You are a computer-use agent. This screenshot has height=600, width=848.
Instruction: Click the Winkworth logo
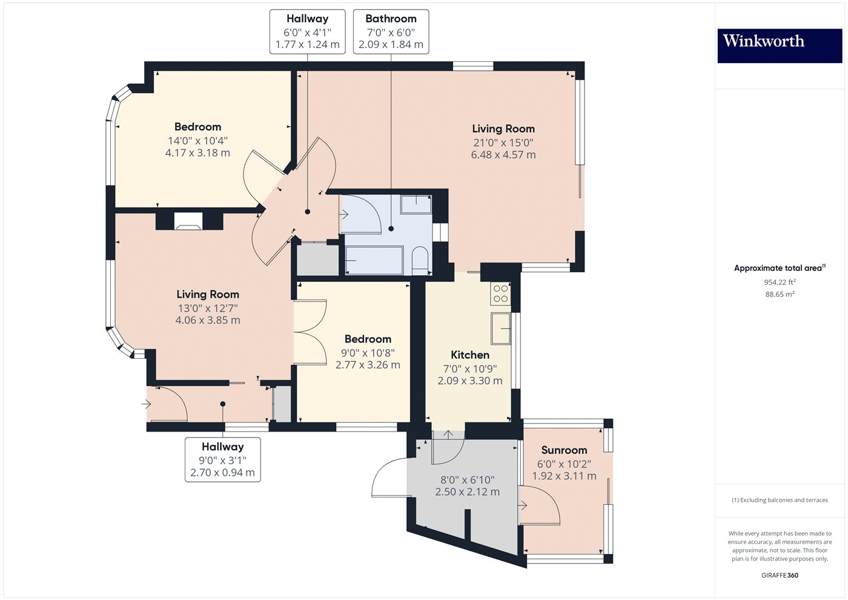coord(779,45)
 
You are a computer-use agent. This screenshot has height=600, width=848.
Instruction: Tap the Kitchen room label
coord(470,355)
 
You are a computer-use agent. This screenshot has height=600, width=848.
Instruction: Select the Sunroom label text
coord(564,450)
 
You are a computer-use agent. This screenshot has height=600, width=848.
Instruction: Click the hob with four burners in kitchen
coord(501,294)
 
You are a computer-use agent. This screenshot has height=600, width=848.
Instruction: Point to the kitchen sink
coord(501,329)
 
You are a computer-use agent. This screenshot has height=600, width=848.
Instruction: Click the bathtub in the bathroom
coord(374,261)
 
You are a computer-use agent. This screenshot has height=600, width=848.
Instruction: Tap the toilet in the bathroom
coord(420,260)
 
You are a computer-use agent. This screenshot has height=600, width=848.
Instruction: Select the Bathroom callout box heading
coord(391,19)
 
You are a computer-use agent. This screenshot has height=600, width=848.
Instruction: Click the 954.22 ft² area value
coord(780,282)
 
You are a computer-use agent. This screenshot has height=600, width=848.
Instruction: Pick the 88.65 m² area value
coord(780,294)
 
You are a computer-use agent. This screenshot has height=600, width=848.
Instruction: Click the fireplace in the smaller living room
coord(188,221)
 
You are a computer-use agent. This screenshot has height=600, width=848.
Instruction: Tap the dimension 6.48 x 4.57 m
coord(503,155)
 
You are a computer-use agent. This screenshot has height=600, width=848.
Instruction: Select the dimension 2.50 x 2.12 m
coord(467,492)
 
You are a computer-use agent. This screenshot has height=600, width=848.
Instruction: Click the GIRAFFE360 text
coord(780,575)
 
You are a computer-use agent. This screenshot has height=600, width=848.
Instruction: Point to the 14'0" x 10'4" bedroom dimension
coord(197,141)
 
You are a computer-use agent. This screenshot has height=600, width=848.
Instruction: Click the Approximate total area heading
coord(778,268)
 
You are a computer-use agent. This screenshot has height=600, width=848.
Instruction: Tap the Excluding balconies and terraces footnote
coord(780,500)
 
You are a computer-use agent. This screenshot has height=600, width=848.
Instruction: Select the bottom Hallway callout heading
coord(222,447)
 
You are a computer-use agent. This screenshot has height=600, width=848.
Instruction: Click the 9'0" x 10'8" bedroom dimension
coord(368,353)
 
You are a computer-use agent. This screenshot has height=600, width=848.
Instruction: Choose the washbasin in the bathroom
coord(416,204)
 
